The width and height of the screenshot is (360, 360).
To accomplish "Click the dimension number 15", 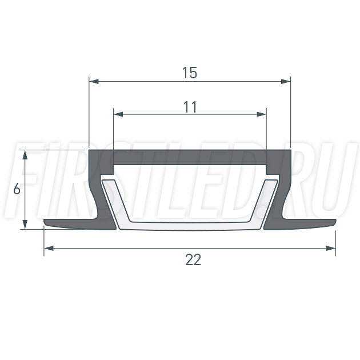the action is [x=190, y=73].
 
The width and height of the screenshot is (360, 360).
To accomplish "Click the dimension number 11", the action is [x=190, y=107].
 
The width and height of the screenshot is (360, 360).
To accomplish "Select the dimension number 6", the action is [x=17, y=190].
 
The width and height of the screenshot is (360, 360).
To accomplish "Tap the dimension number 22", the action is [x=193, y=259].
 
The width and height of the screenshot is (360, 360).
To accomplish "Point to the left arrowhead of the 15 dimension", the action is [x=94, y=81].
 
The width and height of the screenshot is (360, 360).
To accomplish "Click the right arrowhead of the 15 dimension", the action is [x=286, y=81].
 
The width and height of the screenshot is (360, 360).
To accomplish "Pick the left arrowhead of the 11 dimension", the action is [x=118, y=114].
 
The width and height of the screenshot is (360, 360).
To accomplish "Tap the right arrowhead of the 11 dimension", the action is [x=261, y=114].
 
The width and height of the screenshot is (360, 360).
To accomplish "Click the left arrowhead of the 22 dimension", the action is [x=49, y=248].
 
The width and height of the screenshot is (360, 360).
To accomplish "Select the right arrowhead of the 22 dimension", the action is [x=331, y=248].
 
